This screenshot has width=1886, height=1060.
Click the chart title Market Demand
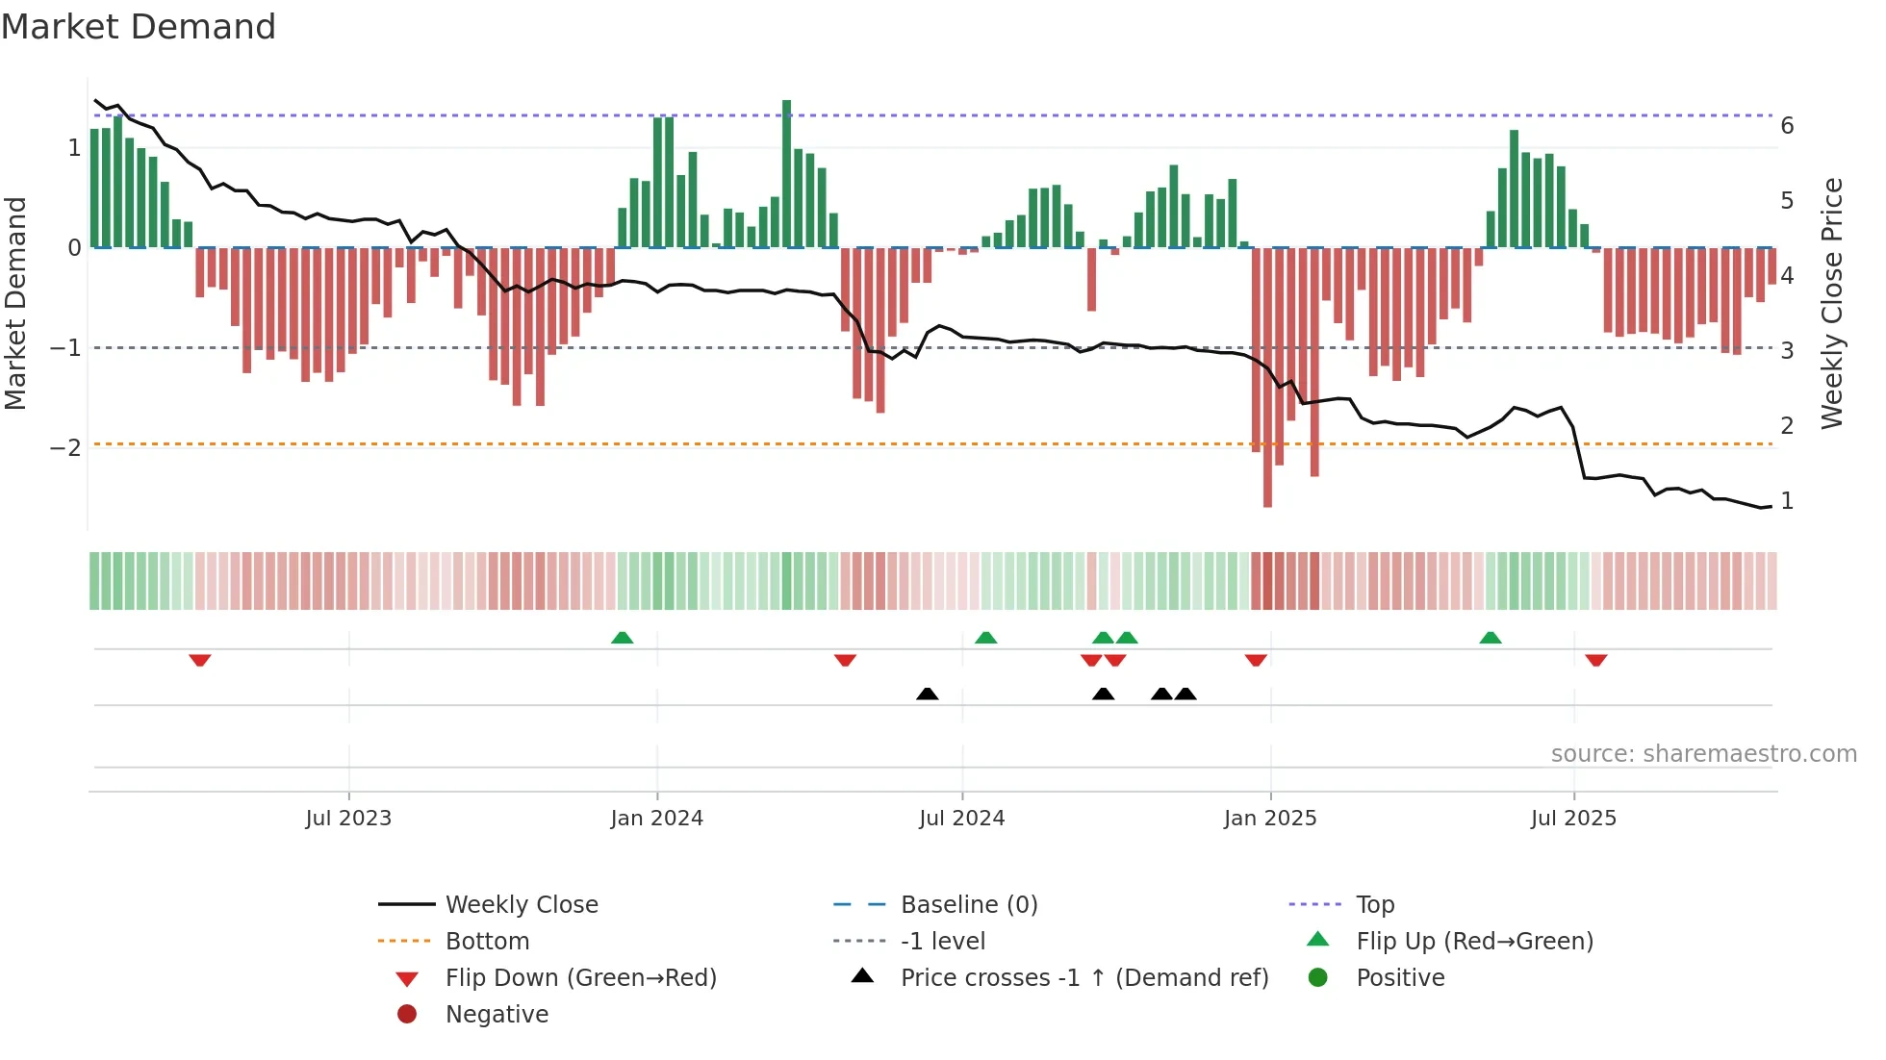[139, 27]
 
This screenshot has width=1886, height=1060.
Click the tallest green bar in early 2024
[786, 173]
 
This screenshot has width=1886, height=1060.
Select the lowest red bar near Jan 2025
[1267, 385]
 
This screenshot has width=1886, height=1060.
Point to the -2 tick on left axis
[65, 448]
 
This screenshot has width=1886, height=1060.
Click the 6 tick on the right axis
[1787, 126]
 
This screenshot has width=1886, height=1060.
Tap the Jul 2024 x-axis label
[961, 819]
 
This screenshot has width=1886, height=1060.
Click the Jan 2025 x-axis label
[1270, 819]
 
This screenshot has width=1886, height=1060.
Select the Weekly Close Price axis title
[1832, 303]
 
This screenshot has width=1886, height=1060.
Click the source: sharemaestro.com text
[1703, 754]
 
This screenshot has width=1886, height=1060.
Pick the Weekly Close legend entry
[521, 905]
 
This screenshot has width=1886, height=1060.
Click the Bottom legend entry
[487, 942]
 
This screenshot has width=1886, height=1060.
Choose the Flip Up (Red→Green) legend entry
[1474, 942]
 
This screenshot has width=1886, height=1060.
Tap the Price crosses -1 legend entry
[1083, 978]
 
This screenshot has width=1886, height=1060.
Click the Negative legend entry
[497, 1015]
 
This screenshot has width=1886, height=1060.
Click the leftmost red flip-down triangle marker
[200, 660]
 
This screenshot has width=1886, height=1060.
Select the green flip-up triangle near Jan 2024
[623, 638]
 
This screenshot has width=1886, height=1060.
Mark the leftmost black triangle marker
[927, 694]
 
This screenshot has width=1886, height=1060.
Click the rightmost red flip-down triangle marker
[1596, 660]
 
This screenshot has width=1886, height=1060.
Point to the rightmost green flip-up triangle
[1491, 638]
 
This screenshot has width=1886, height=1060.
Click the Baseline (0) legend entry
[968, 905]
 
